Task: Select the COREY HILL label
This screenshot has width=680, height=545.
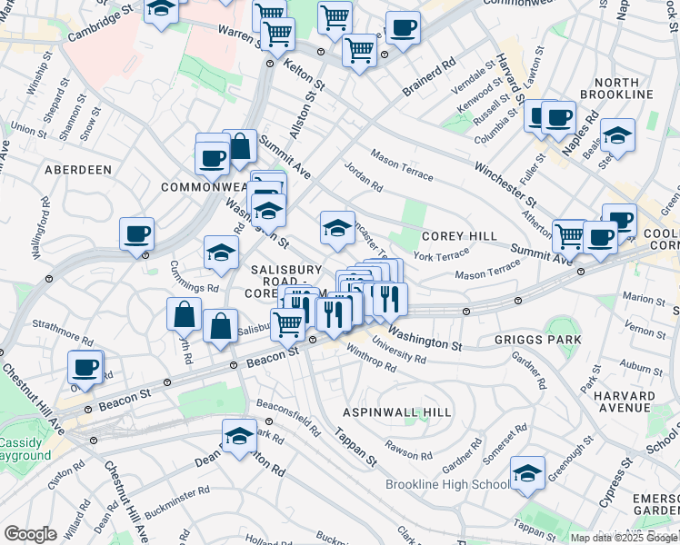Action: tap(459, 236)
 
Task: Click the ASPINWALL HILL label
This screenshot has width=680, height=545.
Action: tap(396, 412)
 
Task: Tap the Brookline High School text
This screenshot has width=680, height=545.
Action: tap(446, 484)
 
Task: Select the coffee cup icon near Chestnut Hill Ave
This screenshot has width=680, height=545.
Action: tap(85, 368)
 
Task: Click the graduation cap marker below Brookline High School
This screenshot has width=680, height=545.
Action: tap(527, 473)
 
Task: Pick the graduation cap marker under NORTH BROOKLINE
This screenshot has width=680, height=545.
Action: tap(617, 135)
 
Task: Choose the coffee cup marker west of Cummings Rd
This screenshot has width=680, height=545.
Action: tap(136, 234)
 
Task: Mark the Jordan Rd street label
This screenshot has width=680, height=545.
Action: tap(364, 176)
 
